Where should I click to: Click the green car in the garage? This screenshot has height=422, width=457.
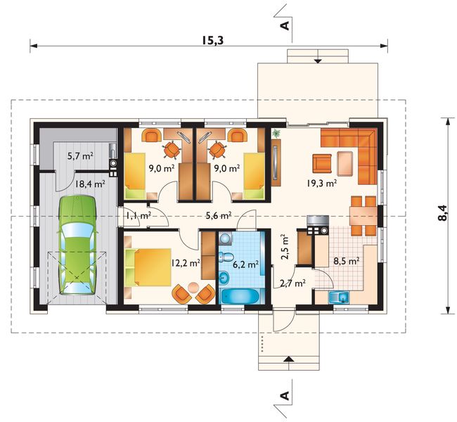point(78,245)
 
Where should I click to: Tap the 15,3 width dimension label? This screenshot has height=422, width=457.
point(213,41)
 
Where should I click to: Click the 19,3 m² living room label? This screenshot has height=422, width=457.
point(321,183)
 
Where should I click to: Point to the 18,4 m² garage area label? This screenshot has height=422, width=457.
point(90,184)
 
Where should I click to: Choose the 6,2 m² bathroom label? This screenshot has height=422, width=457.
point(245,264)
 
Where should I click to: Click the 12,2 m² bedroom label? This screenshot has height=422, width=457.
point(186,263)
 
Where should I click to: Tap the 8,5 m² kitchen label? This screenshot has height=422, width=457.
point(346,261)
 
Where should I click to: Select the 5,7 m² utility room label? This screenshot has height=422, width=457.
point(80,156)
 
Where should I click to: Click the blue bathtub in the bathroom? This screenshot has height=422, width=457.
point(240,297)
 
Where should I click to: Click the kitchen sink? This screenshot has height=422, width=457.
point(339,298)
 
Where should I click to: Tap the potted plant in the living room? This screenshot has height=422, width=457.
point(276,134)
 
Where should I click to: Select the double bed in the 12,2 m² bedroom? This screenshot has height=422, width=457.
point(148,267)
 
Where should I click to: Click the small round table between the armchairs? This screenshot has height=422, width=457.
point(193,288)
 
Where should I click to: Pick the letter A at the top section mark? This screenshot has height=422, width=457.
point(285,25)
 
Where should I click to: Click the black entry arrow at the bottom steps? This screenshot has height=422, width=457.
point(288,359)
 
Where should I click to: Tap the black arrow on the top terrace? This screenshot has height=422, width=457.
point(318,60)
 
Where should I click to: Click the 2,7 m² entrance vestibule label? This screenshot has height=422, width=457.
point(292,283)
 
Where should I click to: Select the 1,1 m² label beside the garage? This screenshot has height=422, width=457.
point(138,216)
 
